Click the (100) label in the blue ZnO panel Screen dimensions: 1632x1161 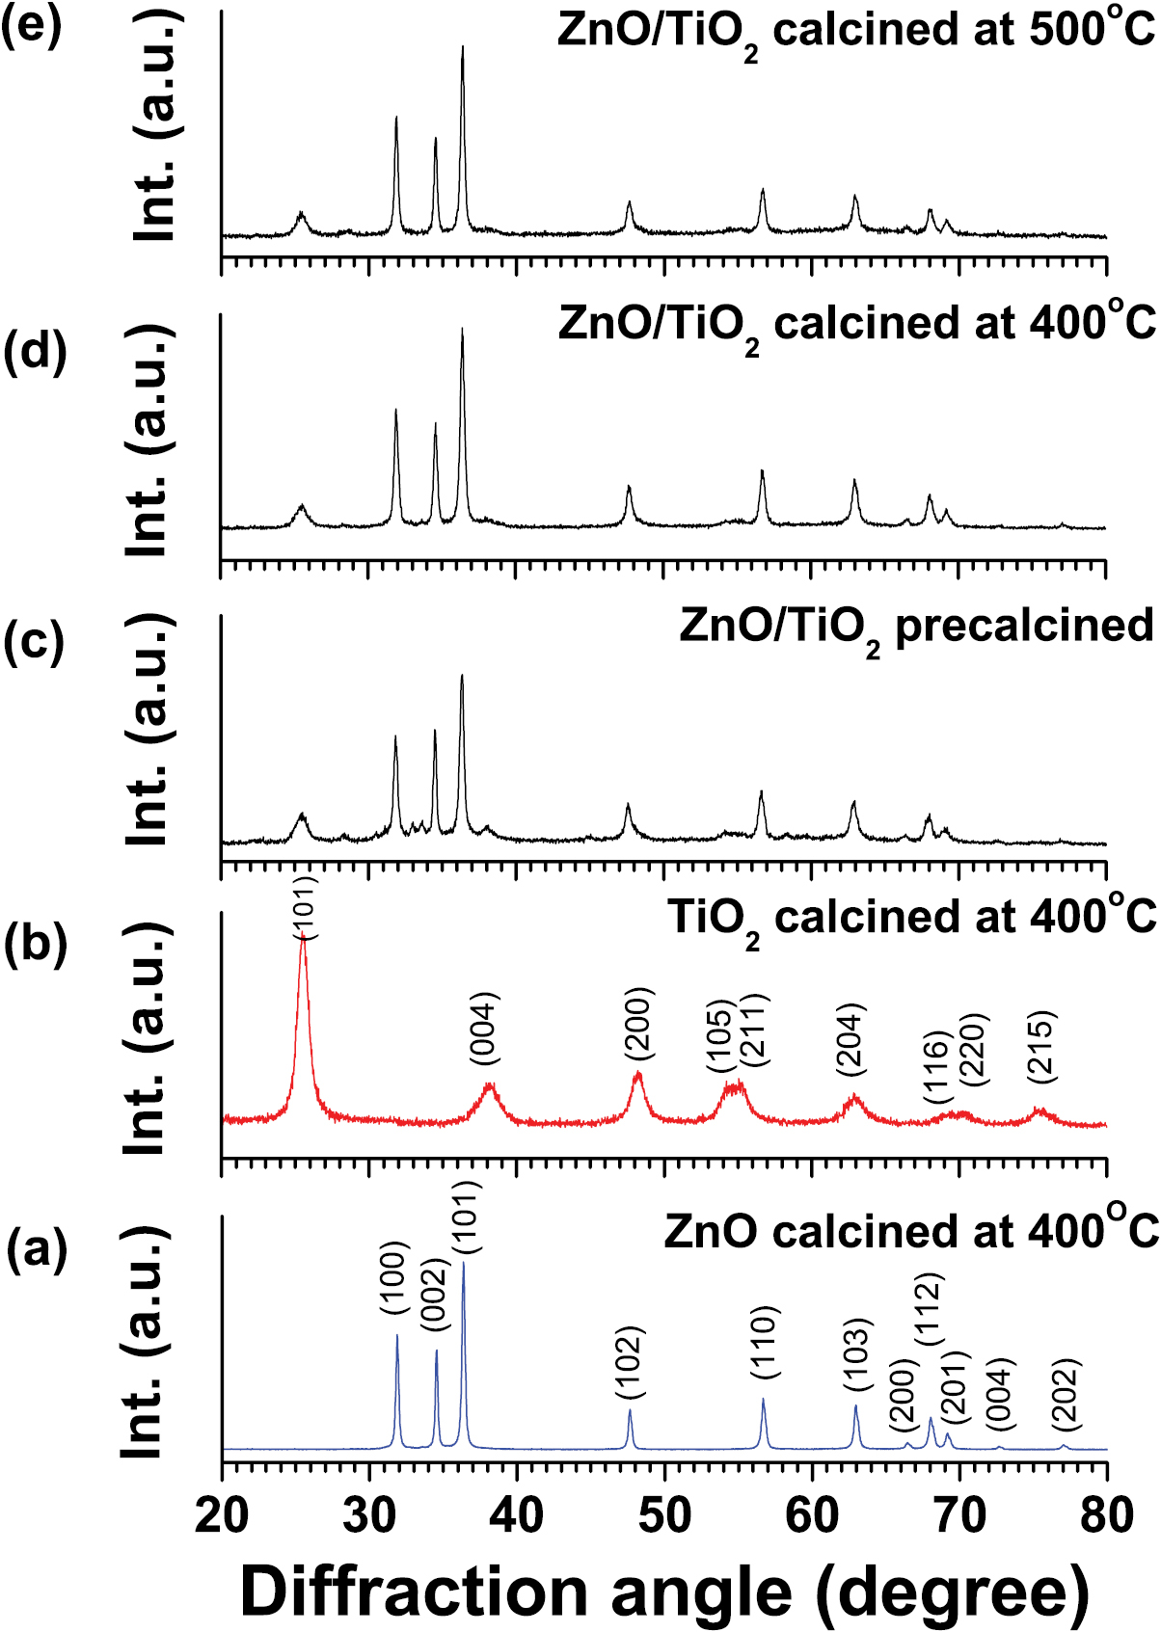(x=395, y=1279)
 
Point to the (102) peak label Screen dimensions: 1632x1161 (x=630, y=1363)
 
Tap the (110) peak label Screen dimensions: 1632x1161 (x=764, y=1343)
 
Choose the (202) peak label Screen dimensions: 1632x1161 (x=1066, y=1394)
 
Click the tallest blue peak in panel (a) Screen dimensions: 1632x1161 (x=464, y=1265)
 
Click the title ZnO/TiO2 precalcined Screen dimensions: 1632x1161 (x=916, y=627)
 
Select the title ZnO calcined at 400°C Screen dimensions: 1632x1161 (x=910, y=1231)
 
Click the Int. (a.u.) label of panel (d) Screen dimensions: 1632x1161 (x=150, y=440)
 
